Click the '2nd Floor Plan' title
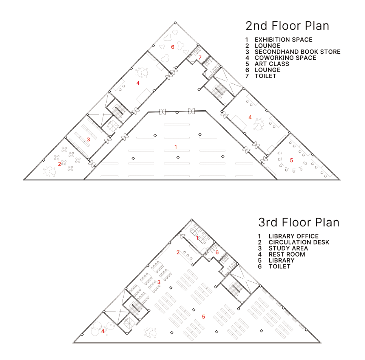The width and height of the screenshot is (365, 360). coord(287,26)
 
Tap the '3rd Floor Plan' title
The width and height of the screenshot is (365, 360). coord(299,222)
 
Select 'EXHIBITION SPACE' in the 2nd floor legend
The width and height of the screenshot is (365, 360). coord(283,40)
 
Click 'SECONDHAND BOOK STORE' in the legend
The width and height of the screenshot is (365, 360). coord(297,52)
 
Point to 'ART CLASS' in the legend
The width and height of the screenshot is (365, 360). coord(272,64)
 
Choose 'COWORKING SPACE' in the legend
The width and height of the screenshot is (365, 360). coord(285,58)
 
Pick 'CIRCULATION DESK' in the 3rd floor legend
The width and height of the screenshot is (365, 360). coord(299,242)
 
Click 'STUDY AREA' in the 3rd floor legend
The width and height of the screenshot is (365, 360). coord(288,248)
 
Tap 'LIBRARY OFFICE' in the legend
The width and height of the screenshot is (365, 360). coord(293,236)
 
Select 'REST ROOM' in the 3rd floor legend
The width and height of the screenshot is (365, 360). coord(287,255)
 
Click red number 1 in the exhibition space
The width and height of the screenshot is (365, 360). coord(176,147)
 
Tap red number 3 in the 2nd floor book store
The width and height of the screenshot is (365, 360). coord(88,140)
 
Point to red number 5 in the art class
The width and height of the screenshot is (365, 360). coord(291,160)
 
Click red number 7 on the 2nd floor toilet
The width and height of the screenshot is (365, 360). coord(200,57)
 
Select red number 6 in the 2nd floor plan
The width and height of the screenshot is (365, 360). coord(173,47)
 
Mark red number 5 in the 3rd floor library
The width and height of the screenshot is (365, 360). coord(203,317)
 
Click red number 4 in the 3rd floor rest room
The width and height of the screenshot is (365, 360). coord(103,331)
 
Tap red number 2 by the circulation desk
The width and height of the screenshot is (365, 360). coord(178,252)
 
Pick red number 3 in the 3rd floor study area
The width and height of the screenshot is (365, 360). coord(159,282)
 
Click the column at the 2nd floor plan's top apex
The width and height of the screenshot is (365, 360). coord(175,23)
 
